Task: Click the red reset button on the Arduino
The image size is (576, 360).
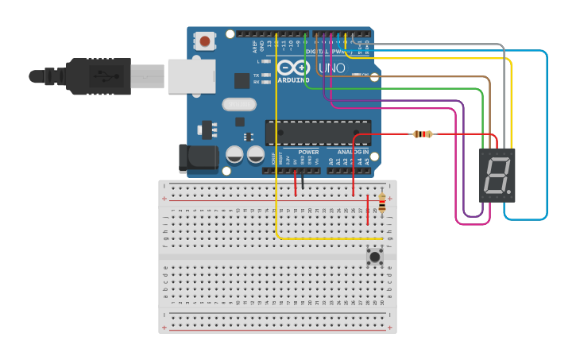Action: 206,41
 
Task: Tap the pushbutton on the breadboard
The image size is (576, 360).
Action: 375,255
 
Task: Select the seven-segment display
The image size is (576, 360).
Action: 497,175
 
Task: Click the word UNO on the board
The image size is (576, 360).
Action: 331,68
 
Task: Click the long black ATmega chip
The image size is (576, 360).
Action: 318,133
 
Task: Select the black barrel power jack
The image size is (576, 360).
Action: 198,158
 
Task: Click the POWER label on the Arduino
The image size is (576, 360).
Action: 308,152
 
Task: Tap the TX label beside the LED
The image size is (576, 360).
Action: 256,75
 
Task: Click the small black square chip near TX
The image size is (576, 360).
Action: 242,80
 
